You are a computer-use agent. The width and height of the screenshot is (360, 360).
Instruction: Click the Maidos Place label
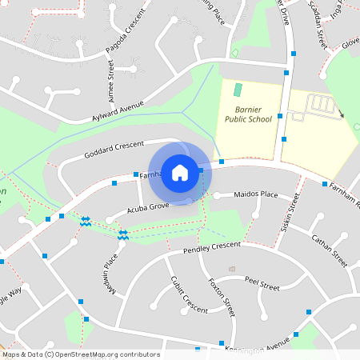tap(255, 194)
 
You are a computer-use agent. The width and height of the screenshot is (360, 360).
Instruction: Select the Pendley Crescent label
tap(211, 248)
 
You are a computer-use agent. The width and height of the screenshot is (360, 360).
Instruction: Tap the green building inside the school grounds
tap(237, 89)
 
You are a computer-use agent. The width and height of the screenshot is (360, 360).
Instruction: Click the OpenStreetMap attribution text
tap(80, 354)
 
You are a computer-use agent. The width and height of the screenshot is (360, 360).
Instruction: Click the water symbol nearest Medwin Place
tap(123, 235)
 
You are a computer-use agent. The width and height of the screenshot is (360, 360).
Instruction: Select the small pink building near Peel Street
tap(232, 269)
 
